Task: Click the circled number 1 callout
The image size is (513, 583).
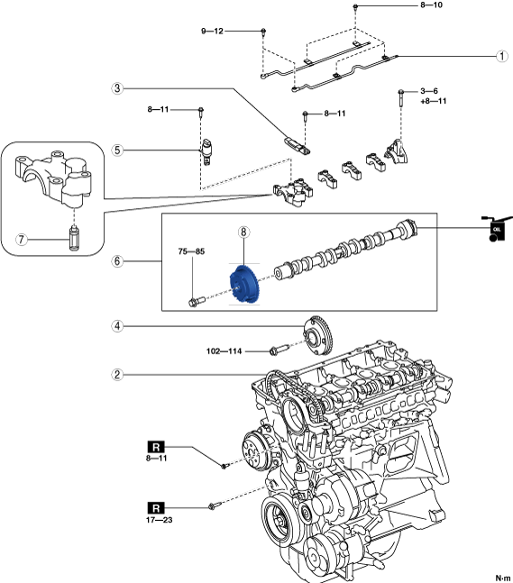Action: click(x=502, y=56)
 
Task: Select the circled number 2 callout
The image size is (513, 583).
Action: click(x=117, y=375)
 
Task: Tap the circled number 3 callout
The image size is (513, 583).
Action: click(x=117, y=88)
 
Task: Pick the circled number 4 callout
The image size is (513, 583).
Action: click(x=117, y=326)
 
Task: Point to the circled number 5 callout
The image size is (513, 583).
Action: click(x=117, y=150)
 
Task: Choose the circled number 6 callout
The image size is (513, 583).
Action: click(x=117, y=261)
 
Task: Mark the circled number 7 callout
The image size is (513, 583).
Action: click(x=22, y=239)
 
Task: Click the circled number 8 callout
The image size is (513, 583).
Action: click(x=243, y=232)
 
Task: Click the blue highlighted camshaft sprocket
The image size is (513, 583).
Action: click(x=243, y=284)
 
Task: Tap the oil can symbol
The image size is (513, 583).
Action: click(x=496, y=229)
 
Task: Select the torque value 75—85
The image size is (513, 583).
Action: click(x=191, y=251)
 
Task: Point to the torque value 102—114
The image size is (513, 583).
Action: click(x=224, y=351)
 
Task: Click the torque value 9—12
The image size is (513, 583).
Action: click(x=212, y=32)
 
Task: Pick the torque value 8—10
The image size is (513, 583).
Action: click(x=432, y=5)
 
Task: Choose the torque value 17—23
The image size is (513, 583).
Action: click(x=160, y=520)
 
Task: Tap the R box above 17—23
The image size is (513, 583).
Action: click(x=156, y=508)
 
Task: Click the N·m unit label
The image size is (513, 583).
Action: click(x=503, y=578)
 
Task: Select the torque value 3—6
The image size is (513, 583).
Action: click(x=429, y=91)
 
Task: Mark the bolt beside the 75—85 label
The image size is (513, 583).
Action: click(x=197, y=301)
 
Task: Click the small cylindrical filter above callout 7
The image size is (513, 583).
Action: click(x=75, y=237)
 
